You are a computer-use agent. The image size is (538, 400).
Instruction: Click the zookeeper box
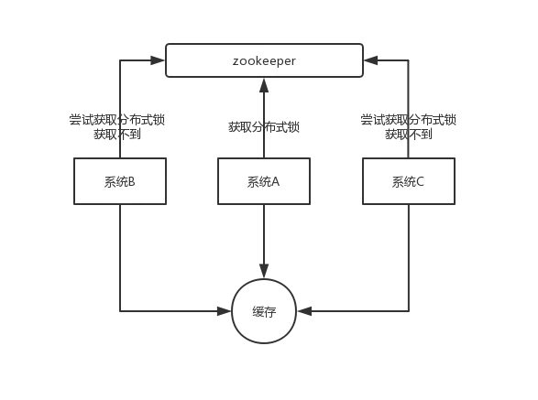(264, 60)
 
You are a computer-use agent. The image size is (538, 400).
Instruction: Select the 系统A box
(264, 181)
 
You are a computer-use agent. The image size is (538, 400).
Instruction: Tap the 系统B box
(120, 181)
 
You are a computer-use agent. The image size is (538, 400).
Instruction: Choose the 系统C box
(408, 181)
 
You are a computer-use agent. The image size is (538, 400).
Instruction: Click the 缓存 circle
(264, 311)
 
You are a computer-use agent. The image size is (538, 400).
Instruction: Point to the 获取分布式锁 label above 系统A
(264, 127)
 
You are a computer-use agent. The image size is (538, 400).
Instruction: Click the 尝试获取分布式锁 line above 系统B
(117, 119)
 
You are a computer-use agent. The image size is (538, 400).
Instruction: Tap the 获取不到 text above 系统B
(117, 134)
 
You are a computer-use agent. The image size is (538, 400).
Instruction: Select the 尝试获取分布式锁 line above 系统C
(409, 119)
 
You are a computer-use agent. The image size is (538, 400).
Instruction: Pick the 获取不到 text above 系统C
(409, 134)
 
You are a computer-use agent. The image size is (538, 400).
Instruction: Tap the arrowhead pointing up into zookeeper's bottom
(264, 85)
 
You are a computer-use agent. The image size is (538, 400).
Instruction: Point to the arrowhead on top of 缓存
(264, 272)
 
